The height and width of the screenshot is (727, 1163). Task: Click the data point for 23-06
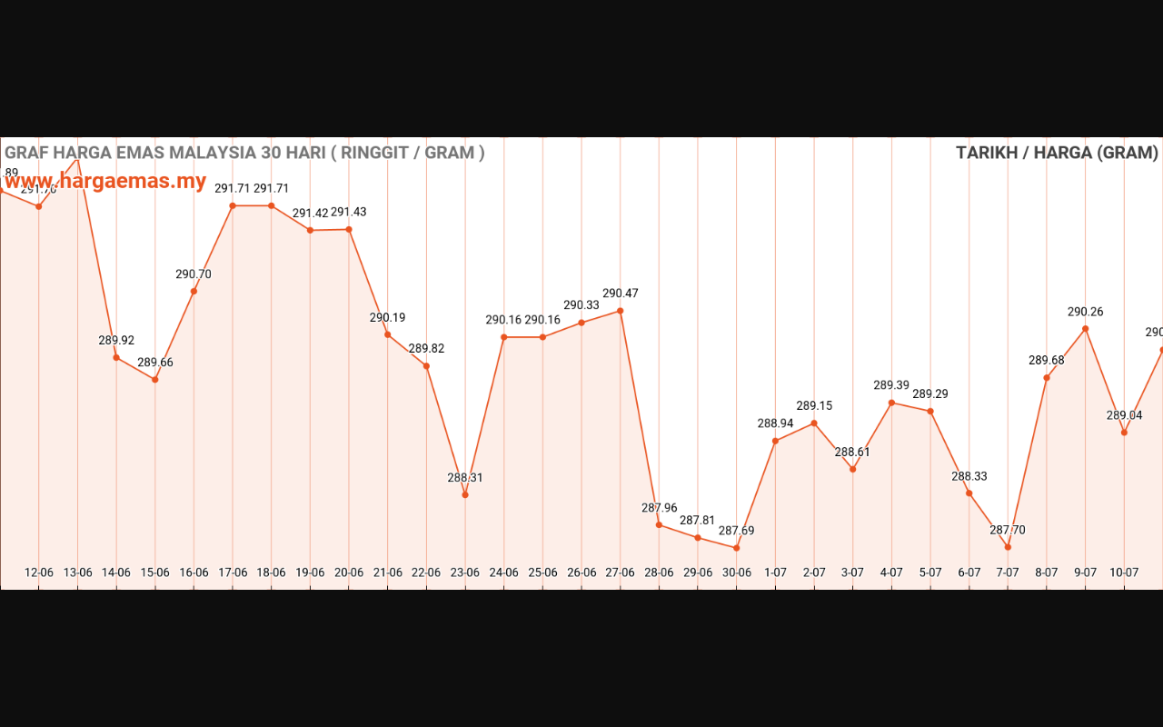click(465, 494)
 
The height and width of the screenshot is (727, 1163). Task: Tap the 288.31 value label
click(465, 478)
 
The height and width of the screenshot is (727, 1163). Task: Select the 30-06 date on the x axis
click(737, 573)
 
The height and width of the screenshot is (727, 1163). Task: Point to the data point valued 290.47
click(621, 311)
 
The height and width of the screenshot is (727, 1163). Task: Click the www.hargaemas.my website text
click(105, 181)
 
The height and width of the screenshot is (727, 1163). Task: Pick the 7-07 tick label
click(1008, 573)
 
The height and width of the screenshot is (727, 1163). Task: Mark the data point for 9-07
click(1085, 329)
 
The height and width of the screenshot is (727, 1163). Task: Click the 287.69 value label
click(737, 531)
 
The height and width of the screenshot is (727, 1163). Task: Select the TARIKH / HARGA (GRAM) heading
click(1057, 153)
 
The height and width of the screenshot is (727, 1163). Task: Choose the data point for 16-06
click(194, 291)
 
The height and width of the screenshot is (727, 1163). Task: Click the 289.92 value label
click(116, 341)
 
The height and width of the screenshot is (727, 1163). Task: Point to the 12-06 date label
click(39, 573)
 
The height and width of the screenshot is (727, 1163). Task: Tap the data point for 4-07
click(891, 403)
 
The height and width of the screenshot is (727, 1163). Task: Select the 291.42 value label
click(310, 214)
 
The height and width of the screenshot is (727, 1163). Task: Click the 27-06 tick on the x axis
click(621, 573)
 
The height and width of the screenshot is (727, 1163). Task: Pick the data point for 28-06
click(659, 524)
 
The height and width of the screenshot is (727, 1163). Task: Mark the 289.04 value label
click(1124, 415)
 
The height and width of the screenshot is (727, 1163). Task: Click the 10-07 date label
click(1124, 573)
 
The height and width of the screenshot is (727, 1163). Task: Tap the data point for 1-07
click(775, 441)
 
